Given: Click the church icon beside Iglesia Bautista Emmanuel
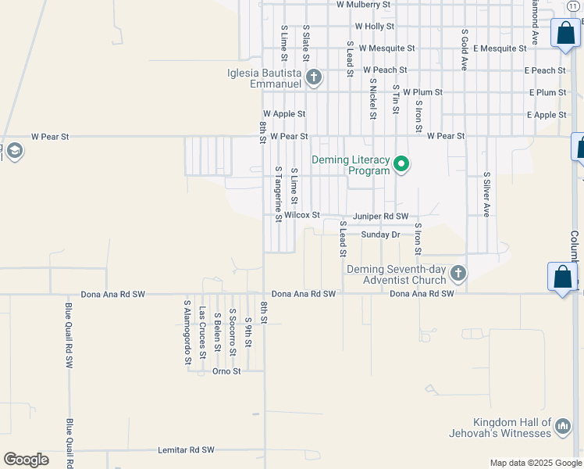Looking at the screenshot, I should pyautogui.click(x=314, y=77).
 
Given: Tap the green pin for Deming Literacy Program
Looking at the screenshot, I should pyautogui.click(x=401, y=164).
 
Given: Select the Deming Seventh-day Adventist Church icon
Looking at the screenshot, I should pyautogui.click(x=458, y=274).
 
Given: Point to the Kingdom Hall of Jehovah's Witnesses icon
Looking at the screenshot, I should pyautogui.click(x=562, y=427).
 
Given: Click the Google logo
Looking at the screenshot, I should pyautogui.click(x=26, y=460).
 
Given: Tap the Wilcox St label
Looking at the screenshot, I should pyautogui.click(x=302, y=215).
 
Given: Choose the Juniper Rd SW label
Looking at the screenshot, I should pyautogui.click(x=381, y=216).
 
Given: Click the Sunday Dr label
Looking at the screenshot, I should pyautogui.click(x=380, y=234).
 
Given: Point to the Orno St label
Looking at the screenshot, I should pyautogui.click(x=226, y=371).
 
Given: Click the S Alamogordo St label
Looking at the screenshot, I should pyautogui.click(x=187, y=332).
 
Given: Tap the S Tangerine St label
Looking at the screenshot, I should pyautogui.click(x=278, y=194).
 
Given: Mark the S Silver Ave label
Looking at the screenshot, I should pyautogui.click(x=486, y=195).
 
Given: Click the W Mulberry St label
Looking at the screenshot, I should pyautogui.click(x=363, y=5).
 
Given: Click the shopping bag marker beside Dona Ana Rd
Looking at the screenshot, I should pyautogui.click(x=562, y=277).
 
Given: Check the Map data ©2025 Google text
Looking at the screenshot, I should pyautogui.click(x=536, y=463).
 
